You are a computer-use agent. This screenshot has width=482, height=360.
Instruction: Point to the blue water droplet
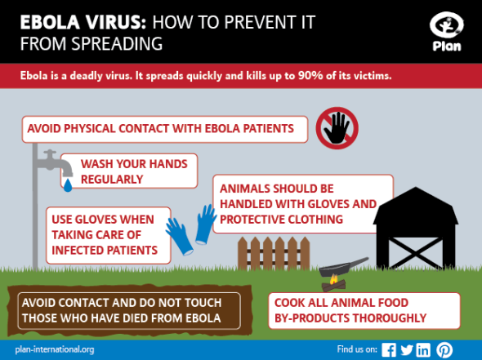pyautogui.click(x=68, y=186)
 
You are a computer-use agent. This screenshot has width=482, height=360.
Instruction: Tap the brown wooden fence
pyautogui.click(x=273, y=255)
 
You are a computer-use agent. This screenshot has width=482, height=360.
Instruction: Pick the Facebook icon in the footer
pyautogui.click(x=389, y=349)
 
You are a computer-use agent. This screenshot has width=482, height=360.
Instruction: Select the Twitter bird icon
pyautogui.click(x=406, y=349)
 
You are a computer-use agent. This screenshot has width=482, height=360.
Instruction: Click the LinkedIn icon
pyautogui.click(x=423, y=349)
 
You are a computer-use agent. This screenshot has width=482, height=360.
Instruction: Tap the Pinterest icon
pyautogui.click(x=444, y=349)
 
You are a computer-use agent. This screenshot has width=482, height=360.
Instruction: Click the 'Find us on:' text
pyautogui.click(x=356, y=349)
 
